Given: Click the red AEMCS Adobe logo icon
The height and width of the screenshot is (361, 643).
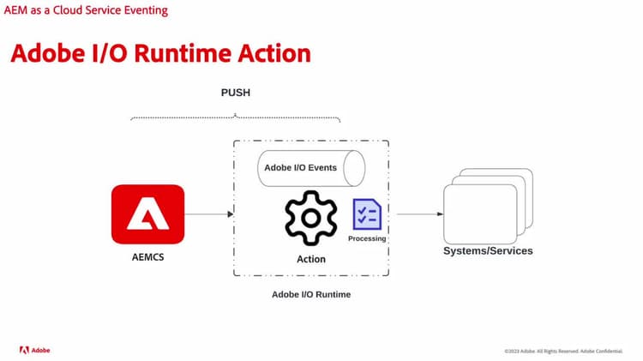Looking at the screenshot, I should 147,214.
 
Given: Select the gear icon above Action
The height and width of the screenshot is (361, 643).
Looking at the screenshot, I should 311,219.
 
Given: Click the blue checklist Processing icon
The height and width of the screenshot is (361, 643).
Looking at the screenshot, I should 366,214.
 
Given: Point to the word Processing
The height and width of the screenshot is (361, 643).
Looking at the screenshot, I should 367,238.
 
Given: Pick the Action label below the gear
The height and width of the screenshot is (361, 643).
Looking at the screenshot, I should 311,259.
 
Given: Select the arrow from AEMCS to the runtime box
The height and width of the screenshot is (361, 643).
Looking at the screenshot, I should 208,214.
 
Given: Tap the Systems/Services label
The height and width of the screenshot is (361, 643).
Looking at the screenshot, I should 488,251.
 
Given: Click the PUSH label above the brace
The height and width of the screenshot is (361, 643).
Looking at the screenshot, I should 235,92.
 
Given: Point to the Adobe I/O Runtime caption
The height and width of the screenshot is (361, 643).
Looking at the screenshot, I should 311,294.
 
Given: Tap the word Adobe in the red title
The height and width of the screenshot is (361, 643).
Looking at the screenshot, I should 49,53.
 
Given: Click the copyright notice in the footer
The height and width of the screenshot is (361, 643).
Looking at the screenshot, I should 563,351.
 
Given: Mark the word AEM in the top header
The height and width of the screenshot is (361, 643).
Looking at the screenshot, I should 17,10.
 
